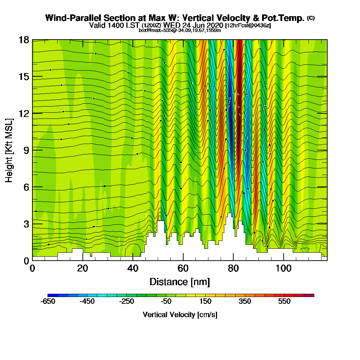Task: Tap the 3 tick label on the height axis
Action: coord(26,224)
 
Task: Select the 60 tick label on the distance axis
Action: coord(183,269)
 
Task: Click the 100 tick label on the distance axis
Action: coord(284,269)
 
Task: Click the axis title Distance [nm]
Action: coord(180,282)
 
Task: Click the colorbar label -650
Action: coord(48,302)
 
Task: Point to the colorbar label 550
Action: coord(284,302)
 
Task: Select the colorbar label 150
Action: coord(204,302)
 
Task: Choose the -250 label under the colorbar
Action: coord(126,302)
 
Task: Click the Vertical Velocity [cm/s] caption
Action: coord(180,315)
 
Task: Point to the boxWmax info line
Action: coord(180,30)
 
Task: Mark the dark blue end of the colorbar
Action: coord(50,295)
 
